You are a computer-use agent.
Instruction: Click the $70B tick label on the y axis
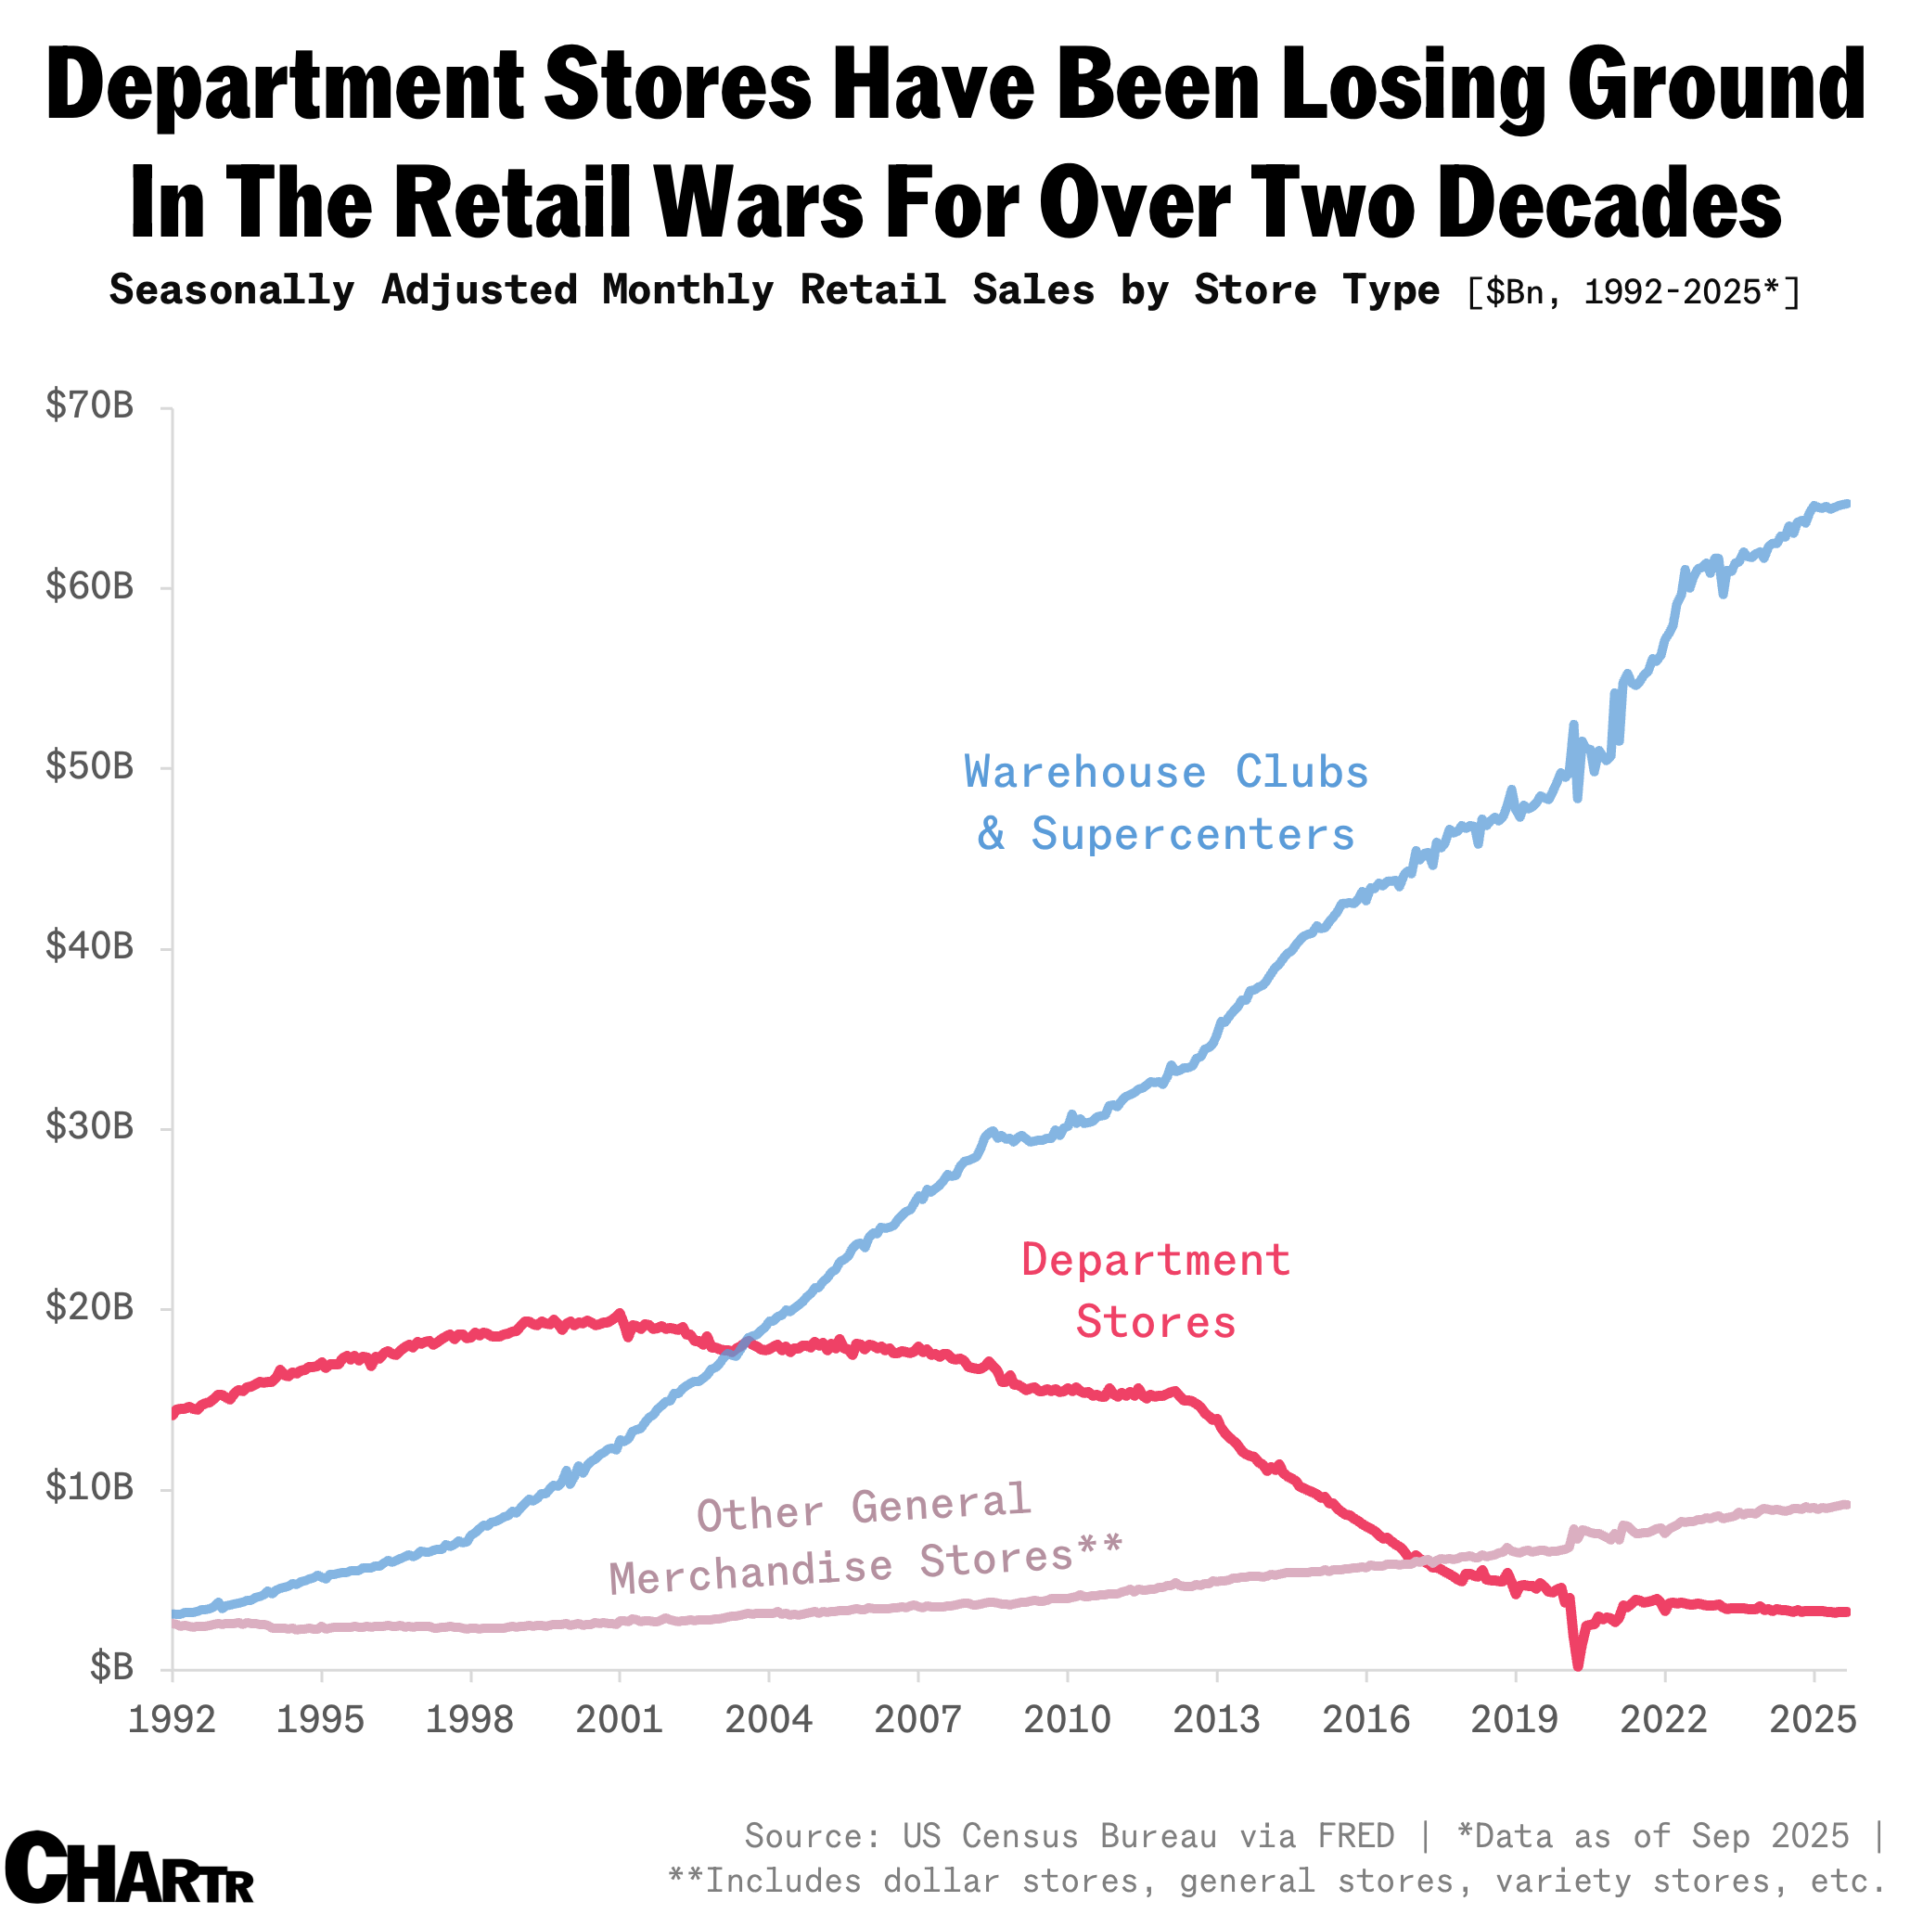89,406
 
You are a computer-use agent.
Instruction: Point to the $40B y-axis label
89,947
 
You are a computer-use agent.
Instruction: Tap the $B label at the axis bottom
111,1667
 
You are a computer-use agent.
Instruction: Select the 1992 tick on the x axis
172,1720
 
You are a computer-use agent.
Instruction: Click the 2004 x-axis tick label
768,1720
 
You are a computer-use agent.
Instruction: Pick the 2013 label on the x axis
1215,1720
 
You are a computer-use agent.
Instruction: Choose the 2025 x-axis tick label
1812,1720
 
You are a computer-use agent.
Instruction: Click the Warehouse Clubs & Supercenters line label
1165,803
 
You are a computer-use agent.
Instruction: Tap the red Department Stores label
1155,1291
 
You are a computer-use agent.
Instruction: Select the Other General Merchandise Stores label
864,1537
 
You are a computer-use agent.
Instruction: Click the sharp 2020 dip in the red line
1577,1664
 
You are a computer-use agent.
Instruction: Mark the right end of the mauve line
1846,1505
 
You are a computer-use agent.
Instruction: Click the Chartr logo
129,1867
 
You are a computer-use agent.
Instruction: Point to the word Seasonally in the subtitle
232,290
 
